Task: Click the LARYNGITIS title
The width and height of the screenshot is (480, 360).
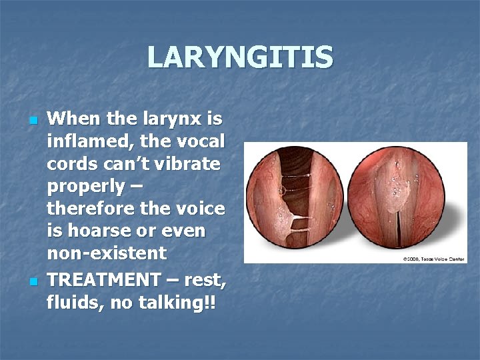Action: click(x=240, y=57)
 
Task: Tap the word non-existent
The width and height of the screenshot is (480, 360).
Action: click(x=107, y=253)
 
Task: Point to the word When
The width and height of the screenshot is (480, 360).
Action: click(x=73, y=119)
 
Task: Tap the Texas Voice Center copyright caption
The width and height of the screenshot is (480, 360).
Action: click(x=433, y=258)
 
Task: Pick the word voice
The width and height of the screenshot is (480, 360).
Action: click(x=201, y=209)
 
